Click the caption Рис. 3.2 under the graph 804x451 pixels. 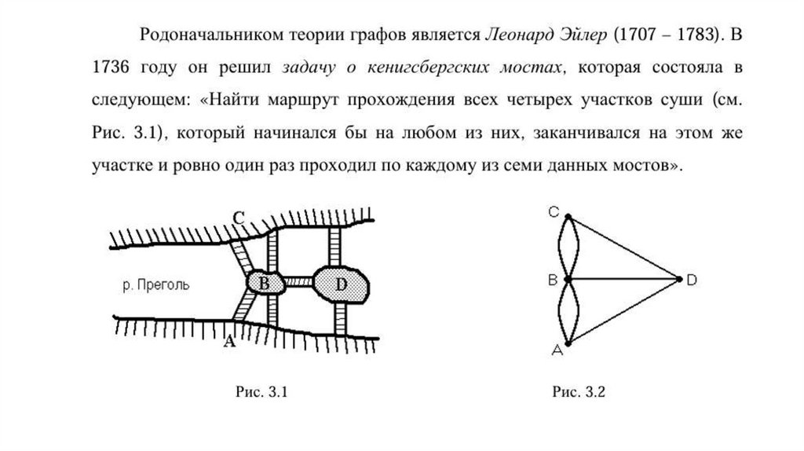click(x=579, y=391)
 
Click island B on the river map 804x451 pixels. click(x=265, y=282)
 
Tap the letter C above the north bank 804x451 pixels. click(x=239, y=218)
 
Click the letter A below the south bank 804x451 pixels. click(x=228, y=340)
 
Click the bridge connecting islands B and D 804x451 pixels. click(x=299, y=281)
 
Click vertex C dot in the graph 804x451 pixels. click(x=567, y=214)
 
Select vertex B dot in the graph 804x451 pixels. click(x=567, y=278)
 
